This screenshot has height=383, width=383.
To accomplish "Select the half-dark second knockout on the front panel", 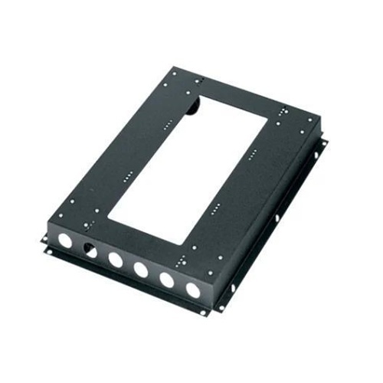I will pyautogui.click(x=90, y=250).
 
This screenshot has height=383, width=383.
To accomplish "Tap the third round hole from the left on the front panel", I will pyautogui.click(x=116, y=260).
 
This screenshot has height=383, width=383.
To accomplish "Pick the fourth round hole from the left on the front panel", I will pyautogui.click(x=141, y=270).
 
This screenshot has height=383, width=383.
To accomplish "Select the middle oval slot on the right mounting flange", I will pyautogui.click(x=278, y=218).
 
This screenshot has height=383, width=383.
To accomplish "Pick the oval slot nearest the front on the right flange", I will pyautogui.click(x=231, y=289).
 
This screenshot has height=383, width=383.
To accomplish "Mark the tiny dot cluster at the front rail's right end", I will pyautogui.click(x=201, y=250).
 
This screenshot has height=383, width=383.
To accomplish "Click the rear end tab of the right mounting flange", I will pyautogui.click(x=321, y=142).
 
